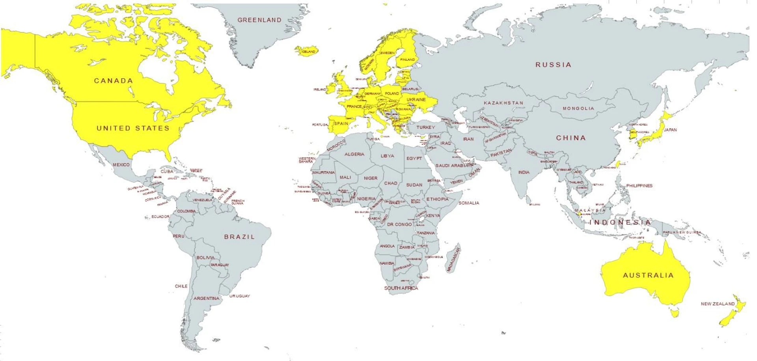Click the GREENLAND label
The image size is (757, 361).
coord(259,20)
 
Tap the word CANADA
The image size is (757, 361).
coord(113,81)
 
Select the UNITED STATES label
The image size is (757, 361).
coord(133,128)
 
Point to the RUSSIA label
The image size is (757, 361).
coord(553,65)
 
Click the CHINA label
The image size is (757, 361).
coord(571,138)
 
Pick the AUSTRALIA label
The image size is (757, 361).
coord(648,275)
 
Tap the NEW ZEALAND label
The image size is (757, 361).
coord(718,304)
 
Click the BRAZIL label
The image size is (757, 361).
coord(239,237)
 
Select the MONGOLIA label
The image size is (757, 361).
coord(578,108)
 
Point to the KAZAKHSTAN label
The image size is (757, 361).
coord(503,103)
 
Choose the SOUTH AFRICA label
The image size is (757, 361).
coord(401,288)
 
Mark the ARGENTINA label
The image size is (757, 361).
coord(206,299)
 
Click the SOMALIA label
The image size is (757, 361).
coord(469,203)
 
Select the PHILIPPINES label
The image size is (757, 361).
coord(639,186)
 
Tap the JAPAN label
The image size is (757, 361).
coord(670,130)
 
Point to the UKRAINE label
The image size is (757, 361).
coord(416,100)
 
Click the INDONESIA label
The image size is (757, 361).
coord(620,223)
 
